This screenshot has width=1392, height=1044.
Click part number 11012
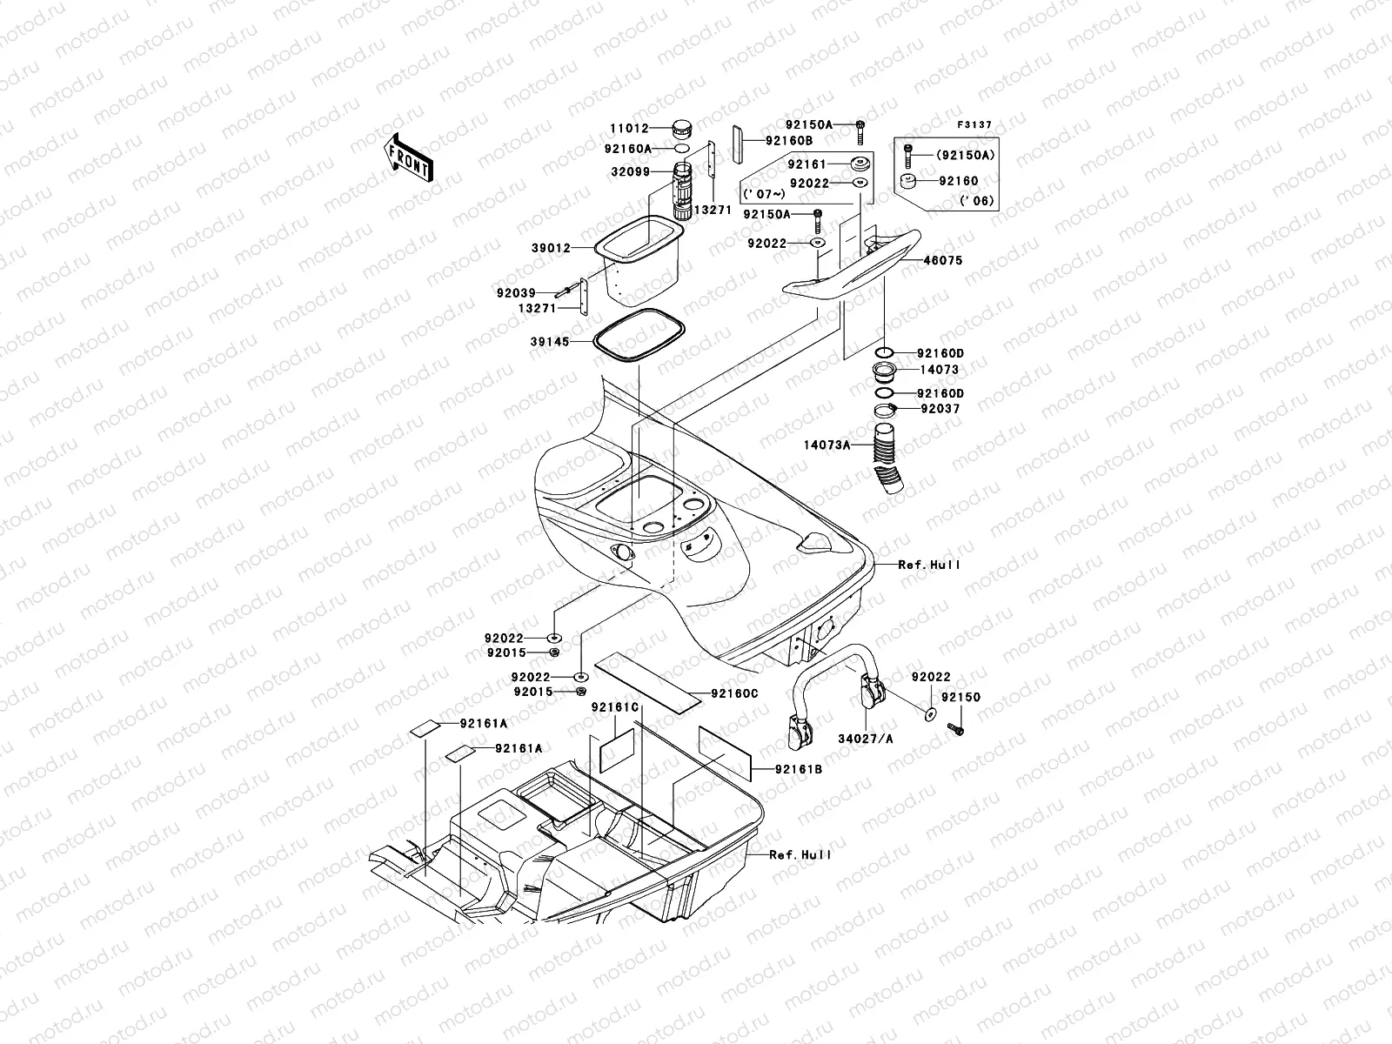pyautogui.click(x=628, y=129)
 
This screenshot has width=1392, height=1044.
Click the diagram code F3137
pyautogui.click(x=974, y=125)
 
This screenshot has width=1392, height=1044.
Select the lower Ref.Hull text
pyautogui.click(x=800, y=855)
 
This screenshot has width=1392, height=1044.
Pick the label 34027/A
pyautogui.click(x=866, y=739)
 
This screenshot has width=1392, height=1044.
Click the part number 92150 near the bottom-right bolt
pyautogui.click(x=960, y=698)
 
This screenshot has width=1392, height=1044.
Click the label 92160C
pyautogui.click(x=734, y=693)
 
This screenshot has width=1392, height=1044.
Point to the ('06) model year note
pyautogui.click(x=977, y=201)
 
